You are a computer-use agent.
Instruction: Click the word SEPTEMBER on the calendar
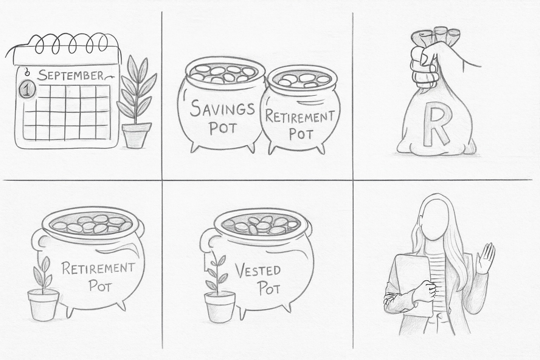coord(71,75)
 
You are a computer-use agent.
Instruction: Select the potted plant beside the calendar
coord(136,101)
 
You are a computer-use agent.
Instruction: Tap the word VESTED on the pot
coord(257,271)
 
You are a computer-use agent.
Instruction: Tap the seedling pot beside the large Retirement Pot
coord(43,305)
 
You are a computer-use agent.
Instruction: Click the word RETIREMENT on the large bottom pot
coord(98,269)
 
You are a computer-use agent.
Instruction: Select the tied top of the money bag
coord(434,36)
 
